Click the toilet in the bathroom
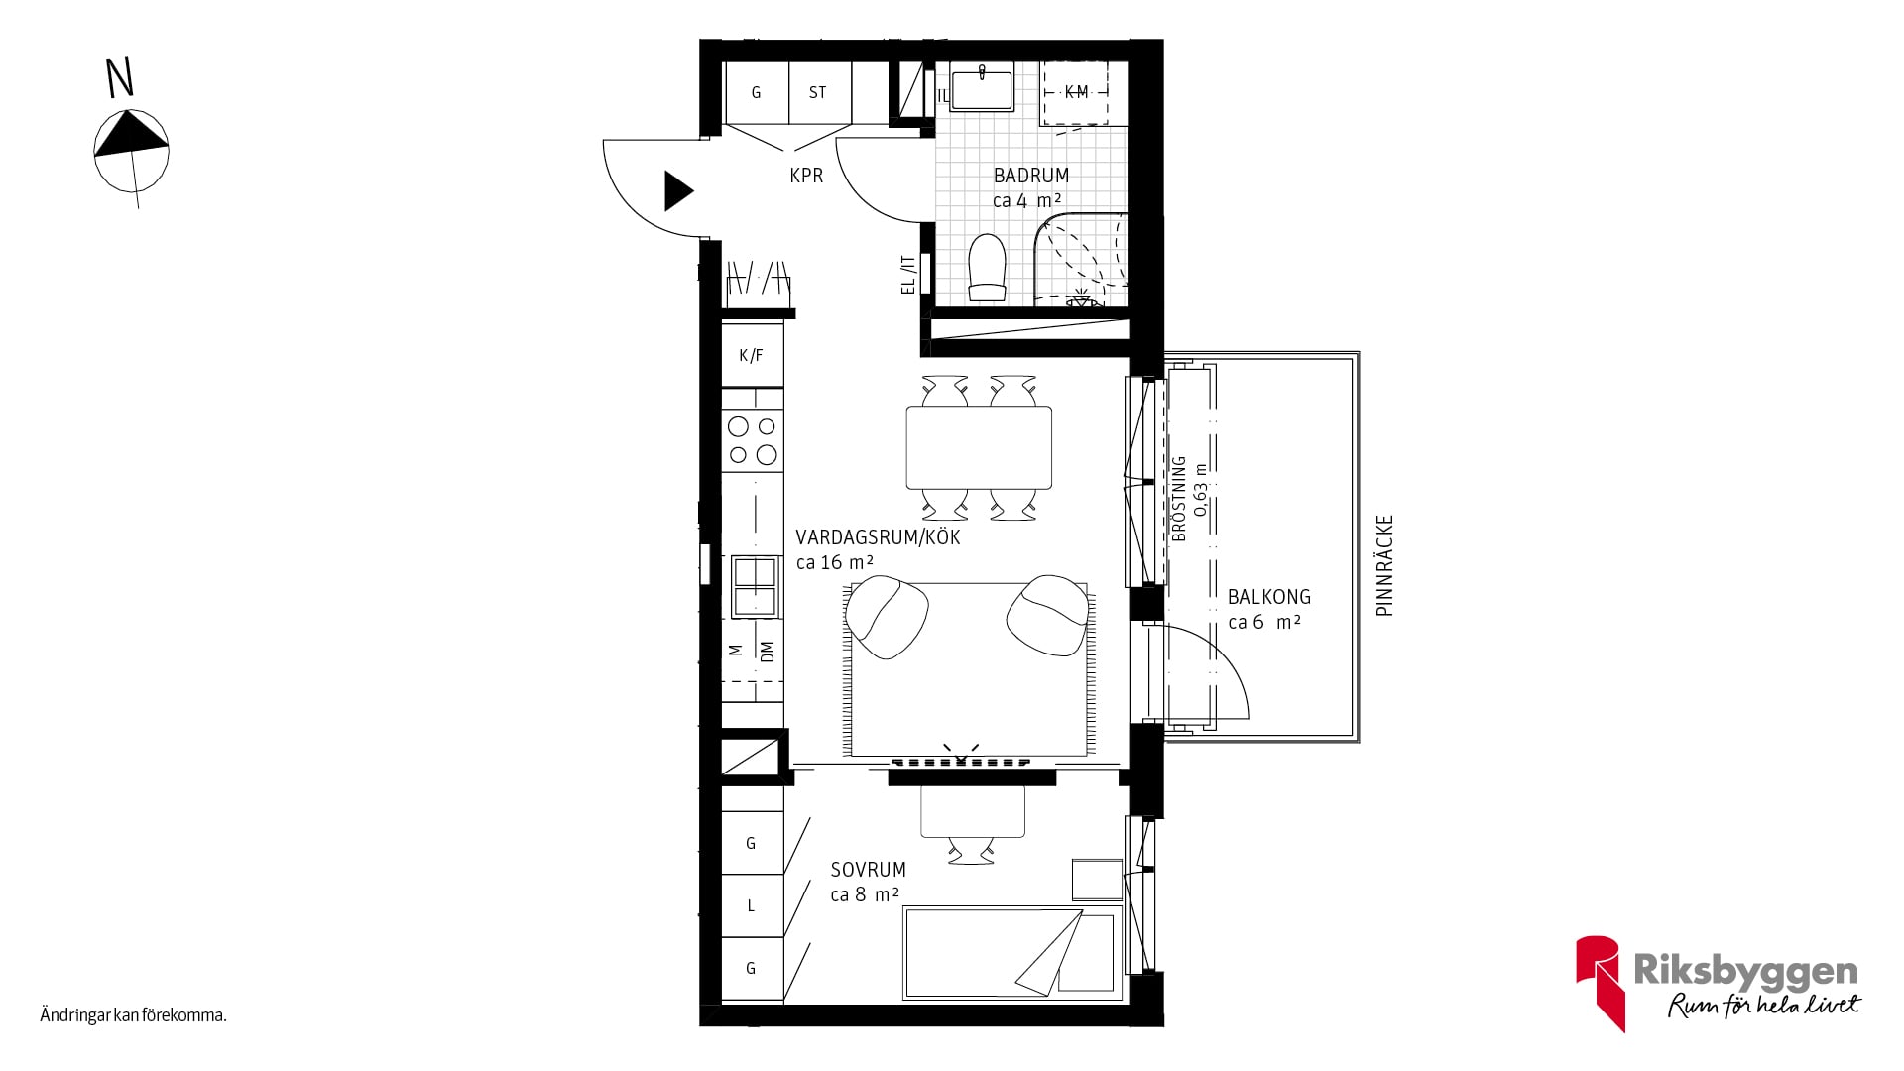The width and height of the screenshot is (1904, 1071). [x=987, y=268]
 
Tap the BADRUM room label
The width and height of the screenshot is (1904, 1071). [x=1031, y=176]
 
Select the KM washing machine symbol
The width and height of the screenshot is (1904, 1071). [x=1075, y=92]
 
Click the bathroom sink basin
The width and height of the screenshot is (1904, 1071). [x=982, y=86]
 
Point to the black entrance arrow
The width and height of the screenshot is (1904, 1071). [x=678, y=190]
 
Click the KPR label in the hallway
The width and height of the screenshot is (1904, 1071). [x=806, y=176]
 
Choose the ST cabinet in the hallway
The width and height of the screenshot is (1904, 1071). [x=819, y=92]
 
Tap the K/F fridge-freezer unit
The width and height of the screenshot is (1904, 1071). [x=753, y=354]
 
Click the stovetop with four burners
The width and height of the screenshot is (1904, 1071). [x=753, y=440]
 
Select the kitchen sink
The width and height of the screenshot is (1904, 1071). [x=754, y=586]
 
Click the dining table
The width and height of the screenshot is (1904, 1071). [x=979, y=447]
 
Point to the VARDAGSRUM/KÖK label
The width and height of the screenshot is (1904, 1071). [x=878, y=537]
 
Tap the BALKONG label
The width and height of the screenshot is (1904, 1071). [x=1269, y=597]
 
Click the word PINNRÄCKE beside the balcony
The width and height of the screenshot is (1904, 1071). [x=1385, y=565]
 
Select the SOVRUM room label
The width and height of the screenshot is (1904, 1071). [x=869, y=870]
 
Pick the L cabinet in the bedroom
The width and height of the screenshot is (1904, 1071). [x=752, y=905]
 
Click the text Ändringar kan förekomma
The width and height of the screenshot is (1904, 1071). [x=134, y=1015]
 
